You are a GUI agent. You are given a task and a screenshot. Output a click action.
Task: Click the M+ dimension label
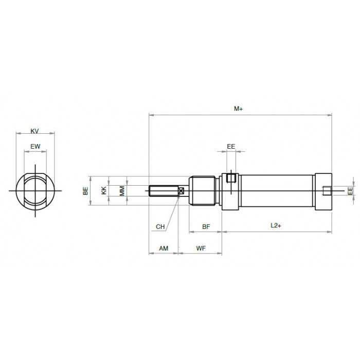pyautogui.click(x=238, y=109)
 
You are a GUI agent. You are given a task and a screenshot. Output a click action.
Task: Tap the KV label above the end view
pyautogui.click(x=34, y=131)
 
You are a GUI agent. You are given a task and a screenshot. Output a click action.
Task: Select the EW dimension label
pyautogui.click(x=35, y=146)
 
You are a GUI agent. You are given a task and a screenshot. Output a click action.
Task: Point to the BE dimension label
pyautogui.click(x=85, y=191)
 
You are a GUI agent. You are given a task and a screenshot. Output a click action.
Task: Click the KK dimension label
pyautogui.click(x=104, y=191)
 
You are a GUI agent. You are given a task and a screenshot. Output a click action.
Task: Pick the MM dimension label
pyautogui.click(x=122, y=191)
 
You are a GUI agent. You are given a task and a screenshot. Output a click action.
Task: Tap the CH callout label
pyautogui.click(x=160, y=227)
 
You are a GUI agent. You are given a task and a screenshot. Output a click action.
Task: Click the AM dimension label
pyautogui.click(x=164, y=248)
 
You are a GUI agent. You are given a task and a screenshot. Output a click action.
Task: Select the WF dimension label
pyautogui.click(x=201, y=248)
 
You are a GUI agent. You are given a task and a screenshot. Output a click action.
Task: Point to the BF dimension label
pyautogui.click(x=206, y=227)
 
